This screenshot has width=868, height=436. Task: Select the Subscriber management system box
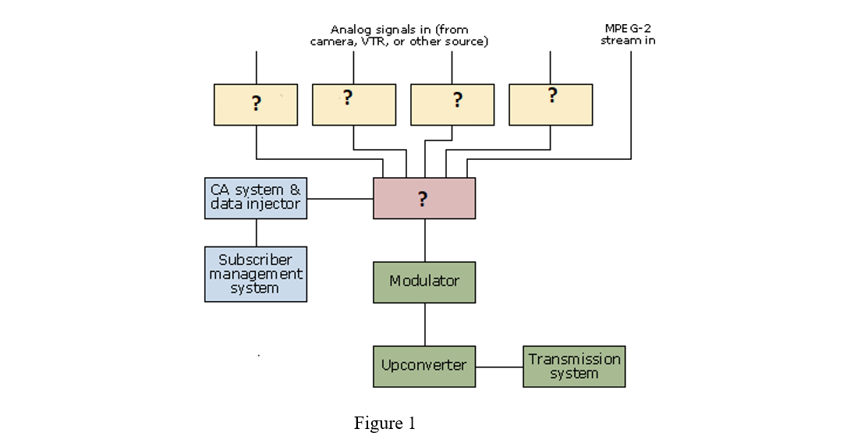click(256, 274)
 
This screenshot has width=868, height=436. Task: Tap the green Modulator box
click(424, 282)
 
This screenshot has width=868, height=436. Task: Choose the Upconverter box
click(424, 366)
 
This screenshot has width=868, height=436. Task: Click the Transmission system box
click(574, 367)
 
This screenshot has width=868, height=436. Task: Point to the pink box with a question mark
click(424, 198)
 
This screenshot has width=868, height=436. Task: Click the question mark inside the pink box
click(423, 199)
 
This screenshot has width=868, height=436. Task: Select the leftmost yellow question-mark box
click(256, 105)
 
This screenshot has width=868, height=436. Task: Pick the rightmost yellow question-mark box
click(551, 105)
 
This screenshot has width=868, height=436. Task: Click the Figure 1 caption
click(384, 424)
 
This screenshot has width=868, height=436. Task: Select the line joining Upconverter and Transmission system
click(499, 367)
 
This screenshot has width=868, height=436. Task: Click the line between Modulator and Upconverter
click(425, 324)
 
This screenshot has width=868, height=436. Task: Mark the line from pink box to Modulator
click(425, 240)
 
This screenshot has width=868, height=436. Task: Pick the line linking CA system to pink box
click(340, 199)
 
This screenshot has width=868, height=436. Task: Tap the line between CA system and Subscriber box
click(257, 232)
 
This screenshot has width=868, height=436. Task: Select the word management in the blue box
click(256, 274)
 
